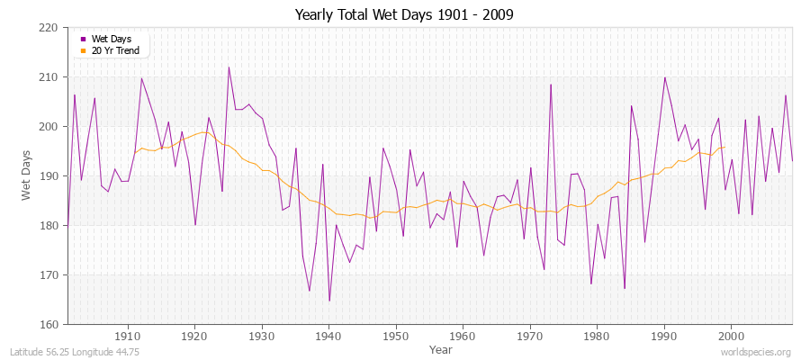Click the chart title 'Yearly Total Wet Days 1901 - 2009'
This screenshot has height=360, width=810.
pos(404,15)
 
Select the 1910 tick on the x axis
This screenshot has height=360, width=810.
pos(128,336)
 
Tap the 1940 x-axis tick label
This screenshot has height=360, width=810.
pos(329,336)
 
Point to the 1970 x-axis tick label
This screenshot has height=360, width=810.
pos(530,336)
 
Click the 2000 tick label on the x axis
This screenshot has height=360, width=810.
pos(731,336)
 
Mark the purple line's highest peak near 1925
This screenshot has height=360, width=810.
pos(229,67)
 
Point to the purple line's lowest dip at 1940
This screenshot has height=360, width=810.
pos(329,301)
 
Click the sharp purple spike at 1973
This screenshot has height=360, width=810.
pos(551,85)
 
